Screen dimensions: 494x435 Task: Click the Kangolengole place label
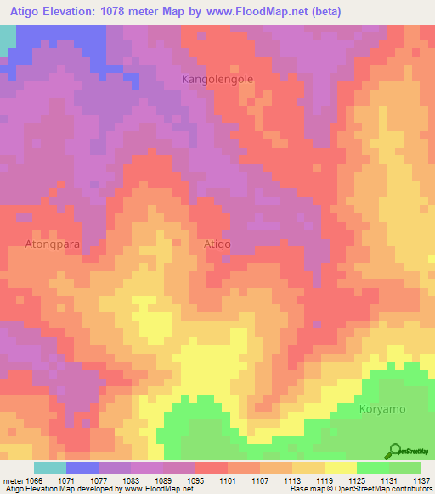217,79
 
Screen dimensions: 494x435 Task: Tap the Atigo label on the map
217,244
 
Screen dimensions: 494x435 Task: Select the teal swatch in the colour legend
50,468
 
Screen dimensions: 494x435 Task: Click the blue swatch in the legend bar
82,468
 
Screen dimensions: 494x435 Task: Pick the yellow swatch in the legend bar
341,468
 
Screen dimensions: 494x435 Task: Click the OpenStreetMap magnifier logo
394,452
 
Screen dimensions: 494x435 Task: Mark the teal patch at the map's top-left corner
7,39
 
